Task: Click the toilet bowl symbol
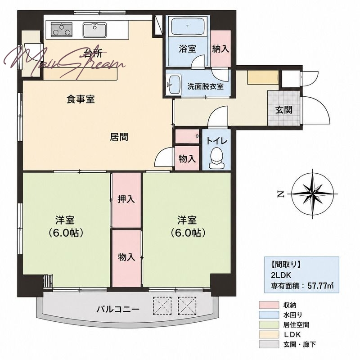point(216,158)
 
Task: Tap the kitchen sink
point(94,30)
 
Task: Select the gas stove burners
point(61,30)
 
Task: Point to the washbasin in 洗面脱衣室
point(173,84)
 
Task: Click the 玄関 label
point(284,110)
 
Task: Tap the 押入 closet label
point(126,199)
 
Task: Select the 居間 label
point(119,137)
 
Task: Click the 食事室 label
point(81,99)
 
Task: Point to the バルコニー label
point(118,309)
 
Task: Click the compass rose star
point(312,194)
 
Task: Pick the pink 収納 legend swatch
point(269,305)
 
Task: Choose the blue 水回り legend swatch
point(269,315)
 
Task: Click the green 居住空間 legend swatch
point(269,324)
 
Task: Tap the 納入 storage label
point(220,49)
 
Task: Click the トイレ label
point(217,141)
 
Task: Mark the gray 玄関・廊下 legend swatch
point(269,344)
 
